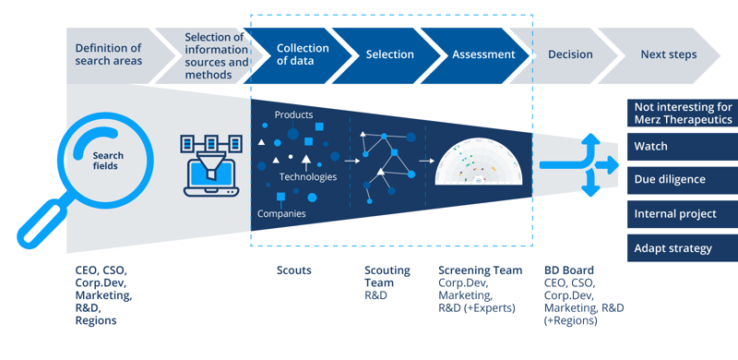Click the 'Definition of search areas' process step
(x=109, y=54)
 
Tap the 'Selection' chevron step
(x=389, y=54)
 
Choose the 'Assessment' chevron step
(x=482, y=54)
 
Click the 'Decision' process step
(x=570, y=54)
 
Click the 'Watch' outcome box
(x=682, y=147)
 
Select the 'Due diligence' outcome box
(x=682, y=180)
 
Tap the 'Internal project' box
(x=682, y=214)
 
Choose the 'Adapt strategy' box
(x=682, y=248)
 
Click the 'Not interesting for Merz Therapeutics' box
(x=682, y=114)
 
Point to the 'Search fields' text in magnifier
(x=107, y=161)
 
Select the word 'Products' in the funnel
(x=293, y=115)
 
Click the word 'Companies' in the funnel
(x=281, y=214)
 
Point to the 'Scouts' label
(x=294, y=271)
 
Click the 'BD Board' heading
(x=569, y=271)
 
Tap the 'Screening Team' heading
(x=480, y=271)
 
